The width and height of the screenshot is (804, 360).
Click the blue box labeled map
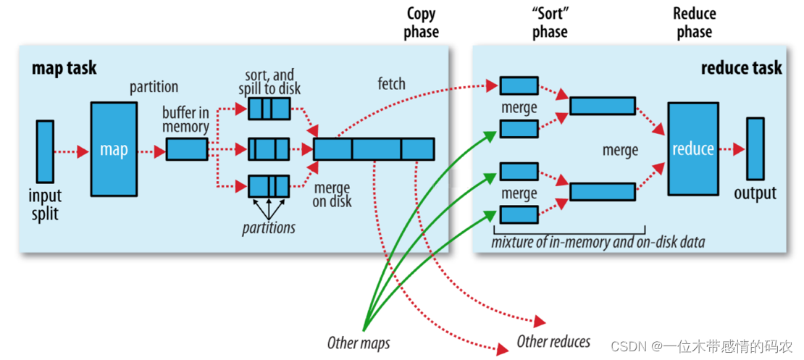(x=113, y=149)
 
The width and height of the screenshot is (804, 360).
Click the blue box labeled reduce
(x=692, y=148)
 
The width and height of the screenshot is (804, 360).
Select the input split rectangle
(x=45, y=151)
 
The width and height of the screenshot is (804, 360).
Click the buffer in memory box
(x=187, y=149)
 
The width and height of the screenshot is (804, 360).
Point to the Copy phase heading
(x=422, y=22)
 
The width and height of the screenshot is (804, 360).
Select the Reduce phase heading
(x=694, y=22)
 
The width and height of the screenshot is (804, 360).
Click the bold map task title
(x=64, y=69)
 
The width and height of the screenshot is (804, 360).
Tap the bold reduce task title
(x=741, y=69)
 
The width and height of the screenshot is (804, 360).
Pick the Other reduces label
(x=553, y=341)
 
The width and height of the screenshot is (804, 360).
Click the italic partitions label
(x=269, y=227)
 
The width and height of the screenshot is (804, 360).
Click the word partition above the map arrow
(x=154, y=87)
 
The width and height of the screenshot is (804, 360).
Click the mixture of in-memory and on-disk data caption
(x=598, y=242)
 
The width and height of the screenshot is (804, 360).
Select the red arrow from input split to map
(x=72, y=151)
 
